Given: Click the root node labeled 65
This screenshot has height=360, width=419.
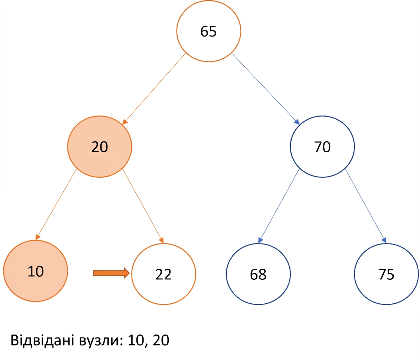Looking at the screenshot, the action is coord(209,31).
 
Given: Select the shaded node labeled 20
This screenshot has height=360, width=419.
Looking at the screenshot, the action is coord(100,147).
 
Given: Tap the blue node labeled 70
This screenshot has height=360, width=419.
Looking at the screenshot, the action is coord(322,147).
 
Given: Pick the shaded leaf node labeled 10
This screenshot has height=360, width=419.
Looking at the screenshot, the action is coord(36,271).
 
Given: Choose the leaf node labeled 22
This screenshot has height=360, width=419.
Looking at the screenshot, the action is coord(163,274).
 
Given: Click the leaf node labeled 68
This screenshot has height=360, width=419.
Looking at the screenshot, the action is coord(258,274).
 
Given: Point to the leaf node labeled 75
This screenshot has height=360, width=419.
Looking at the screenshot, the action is coord(386,274).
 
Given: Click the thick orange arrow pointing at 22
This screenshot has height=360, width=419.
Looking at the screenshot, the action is coord(111,273).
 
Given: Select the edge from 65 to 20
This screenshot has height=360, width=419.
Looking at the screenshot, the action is coord(154,89).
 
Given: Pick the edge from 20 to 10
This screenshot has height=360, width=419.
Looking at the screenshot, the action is coord(56,204).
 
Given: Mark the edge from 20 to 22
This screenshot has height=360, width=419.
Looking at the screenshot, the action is coord(143,206).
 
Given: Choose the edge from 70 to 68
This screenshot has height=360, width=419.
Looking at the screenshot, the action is coord(279,206).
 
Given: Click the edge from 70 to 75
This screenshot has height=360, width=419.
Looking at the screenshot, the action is coord(365,206).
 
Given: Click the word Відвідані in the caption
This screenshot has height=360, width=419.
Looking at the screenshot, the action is coord(42,340).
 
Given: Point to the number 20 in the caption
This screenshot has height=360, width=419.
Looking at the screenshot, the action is coord(161,340).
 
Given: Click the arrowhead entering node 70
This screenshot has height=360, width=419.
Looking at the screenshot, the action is coord(297,122).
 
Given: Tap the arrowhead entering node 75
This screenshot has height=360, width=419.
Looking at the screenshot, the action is coord(384,240).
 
